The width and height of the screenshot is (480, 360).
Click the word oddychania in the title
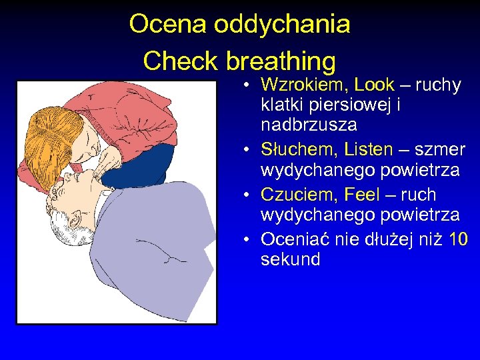coord(281,24)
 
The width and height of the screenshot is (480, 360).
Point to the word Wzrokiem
coord(304,85)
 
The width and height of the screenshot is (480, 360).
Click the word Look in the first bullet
coord(374,85)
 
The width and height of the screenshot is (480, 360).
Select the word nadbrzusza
coord(309,125)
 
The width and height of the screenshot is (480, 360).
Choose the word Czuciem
coord(301,195)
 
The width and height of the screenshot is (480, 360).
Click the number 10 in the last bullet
coord(459,239)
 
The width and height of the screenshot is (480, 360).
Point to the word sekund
coord(290,259)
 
